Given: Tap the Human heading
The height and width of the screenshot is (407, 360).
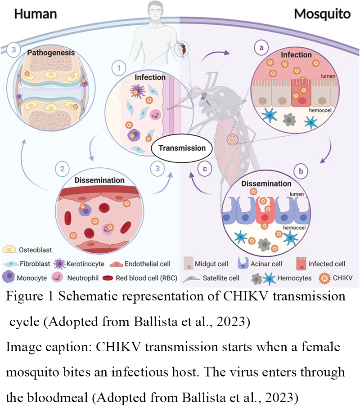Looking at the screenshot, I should [x=36, y=13].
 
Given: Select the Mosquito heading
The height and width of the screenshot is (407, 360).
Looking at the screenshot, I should [x=321, y=13].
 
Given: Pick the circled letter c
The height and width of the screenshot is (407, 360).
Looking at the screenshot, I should [x=204, y=169].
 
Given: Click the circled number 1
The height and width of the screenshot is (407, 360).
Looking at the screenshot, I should [x=118, y=68].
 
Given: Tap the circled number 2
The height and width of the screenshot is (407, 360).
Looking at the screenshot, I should [x=61, y=170].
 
